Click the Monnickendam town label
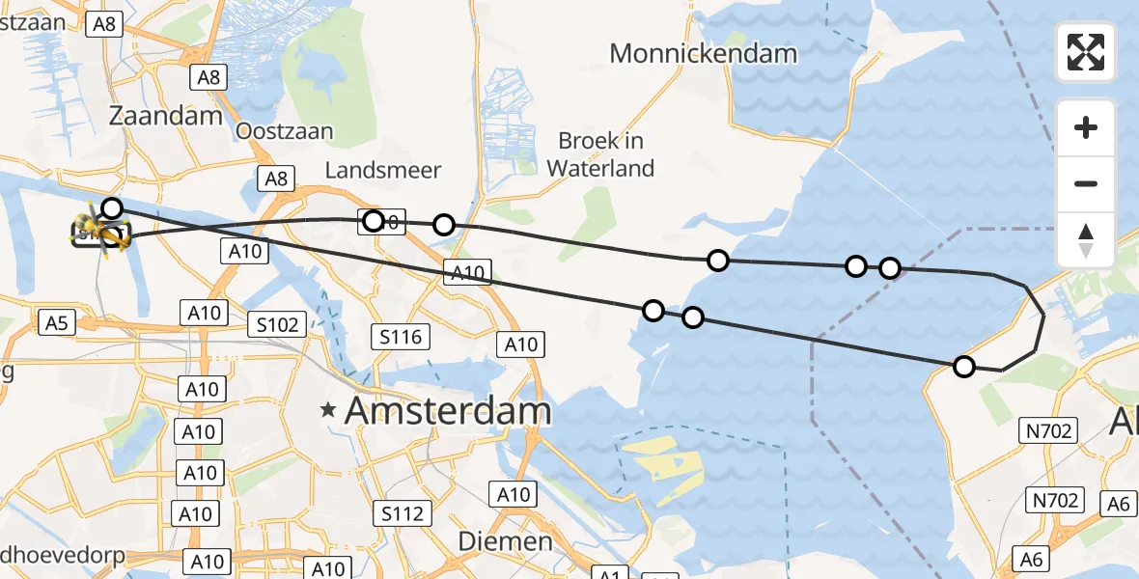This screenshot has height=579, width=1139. [x=704, y=53]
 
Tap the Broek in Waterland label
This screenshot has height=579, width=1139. [x=600, y=154]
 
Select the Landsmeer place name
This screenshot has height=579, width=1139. [x=383, y=171]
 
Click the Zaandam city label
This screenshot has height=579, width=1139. [x=166, y=116]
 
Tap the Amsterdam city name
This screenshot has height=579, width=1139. [x=448, y=412]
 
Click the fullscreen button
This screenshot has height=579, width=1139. [x=1086, y=51]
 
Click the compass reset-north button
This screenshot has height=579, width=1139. [x=1086, y=240]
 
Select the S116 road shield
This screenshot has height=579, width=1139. [x=401, y=336]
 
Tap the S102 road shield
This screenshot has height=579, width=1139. [x=277, y=324]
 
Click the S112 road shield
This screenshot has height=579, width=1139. [x=403, y=513]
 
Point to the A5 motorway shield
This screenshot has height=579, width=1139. [x=57, y=322]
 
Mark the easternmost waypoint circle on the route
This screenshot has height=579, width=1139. [x=963, y=366]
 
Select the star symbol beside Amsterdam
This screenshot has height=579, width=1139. [x=329, y=412]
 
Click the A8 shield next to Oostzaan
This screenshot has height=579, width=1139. [x=276, y=178]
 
